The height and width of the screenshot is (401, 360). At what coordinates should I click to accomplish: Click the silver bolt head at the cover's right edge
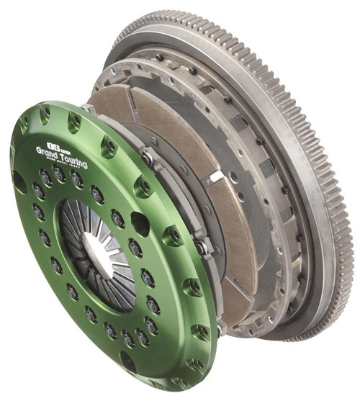(202, 249)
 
